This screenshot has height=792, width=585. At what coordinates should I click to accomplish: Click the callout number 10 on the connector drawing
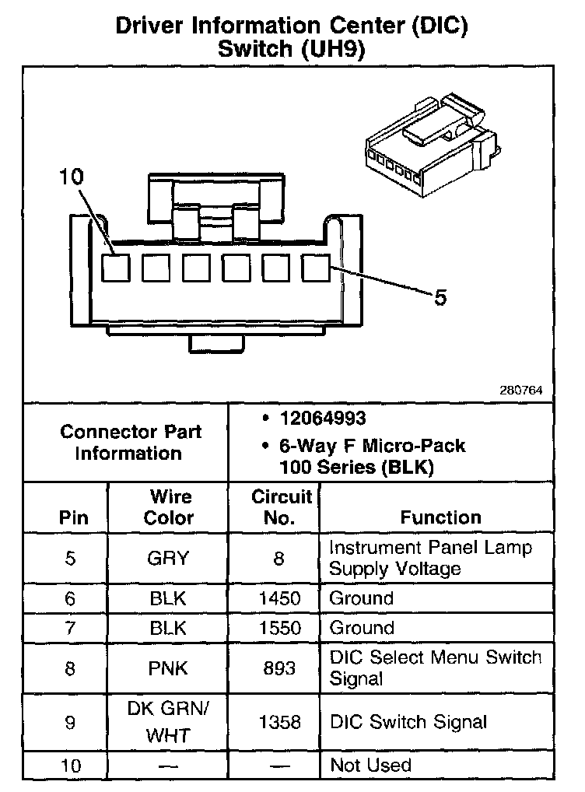(x=70, y=178)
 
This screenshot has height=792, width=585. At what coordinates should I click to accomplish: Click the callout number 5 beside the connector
(x=440, y=297)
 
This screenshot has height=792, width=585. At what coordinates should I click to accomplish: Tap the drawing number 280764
(x=520, y=390)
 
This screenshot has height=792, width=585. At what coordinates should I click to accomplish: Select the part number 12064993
(x=323, y=419)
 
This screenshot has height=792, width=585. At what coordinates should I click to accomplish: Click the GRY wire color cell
(x=167, y=558)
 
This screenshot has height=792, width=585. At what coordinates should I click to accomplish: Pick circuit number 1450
(x=278, y=598)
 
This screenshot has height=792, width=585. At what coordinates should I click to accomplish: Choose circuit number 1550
(x=278, y=628)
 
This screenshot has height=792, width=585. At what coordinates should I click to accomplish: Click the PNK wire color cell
(x=167, y=668)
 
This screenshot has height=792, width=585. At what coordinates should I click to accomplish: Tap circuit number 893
(x=278, y=668)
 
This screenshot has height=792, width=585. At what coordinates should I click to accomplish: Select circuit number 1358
(x=278, y=722)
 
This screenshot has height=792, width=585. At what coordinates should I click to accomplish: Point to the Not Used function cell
(x=370, y=766)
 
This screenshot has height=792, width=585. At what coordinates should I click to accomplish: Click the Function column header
(x=440, y=517)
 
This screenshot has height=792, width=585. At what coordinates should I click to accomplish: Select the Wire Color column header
(x=168, y=507)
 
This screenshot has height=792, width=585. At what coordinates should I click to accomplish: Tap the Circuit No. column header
(x=281, y=507)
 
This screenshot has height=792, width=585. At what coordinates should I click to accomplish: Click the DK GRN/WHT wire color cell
(x=167, y=722)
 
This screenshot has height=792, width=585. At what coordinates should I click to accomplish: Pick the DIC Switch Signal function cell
(x=408, y=722)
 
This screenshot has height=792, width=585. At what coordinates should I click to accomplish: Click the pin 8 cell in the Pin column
(x=70, y=668)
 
